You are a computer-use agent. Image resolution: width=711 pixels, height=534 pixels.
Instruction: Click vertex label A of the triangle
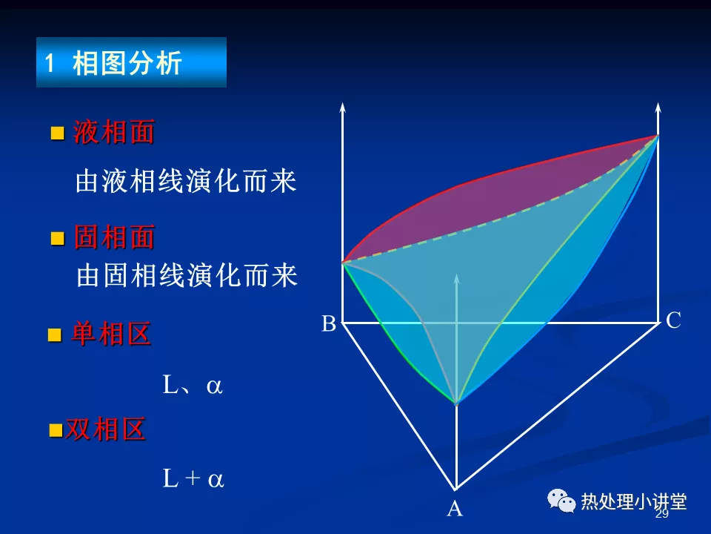coord(455,509)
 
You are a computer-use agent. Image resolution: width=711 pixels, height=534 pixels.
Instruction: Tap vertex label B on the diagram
coord(329,324)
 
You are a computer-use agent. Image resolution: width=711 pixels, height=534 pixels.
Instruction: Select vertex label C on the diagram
coord(673,320)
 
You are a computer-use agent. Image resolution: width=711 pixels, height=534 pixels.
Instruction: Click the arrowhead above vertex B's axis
coord(342,108)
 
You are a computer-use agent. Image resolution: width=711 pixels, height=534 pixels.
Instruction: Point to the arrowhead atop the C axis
coord(658,108)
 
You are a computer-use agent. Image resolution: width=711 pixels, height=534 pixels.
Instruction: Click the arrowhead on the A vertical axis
coord(457,279)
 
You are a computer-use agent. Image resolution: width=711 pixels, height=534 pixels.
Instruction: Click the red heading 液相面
coord(114,132)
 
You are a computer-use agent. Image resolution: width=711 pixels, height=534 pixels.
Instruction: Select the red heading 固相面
coord(114,237)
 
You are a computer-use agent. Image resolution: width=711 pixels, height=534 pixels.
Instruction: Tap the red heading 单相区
coord(111,334)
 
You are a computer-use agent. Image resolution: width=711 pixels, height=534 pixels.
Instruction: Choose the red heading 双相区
coord(105,429)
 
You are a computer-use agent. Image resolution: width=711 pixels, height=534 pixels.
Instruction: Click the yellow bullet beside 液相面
coord(58,133)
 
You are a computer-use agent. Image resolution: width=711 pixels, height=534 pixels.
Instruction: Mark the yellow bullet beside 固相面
coord(58,238)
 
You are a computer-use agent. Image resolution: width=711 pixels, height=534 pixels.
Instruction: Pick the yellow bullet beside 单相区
coord(55,335)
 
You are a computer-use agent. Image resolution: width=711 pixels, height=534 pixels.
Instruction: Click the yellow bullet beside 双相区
coord(56,430)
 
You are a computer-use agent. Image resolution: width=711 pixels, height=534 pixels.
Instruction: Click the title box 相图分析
coord(132,62)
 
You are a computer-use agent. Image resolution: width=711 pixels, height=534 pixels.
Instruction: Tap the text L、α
coord(193,385)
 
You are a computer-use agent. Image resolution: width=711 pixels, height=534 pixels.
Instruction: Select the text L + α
coord(193,478)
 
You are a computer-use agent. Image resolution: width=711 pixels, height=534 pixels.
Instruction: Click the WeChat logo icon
coord(561,501)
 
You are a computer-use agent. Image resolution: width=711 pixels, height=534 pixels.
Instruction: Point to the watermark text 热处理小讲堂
coord(634,502)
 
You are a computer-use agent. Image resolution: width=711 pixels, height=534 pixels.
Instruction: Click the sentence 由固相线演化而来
coord(187,275)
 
